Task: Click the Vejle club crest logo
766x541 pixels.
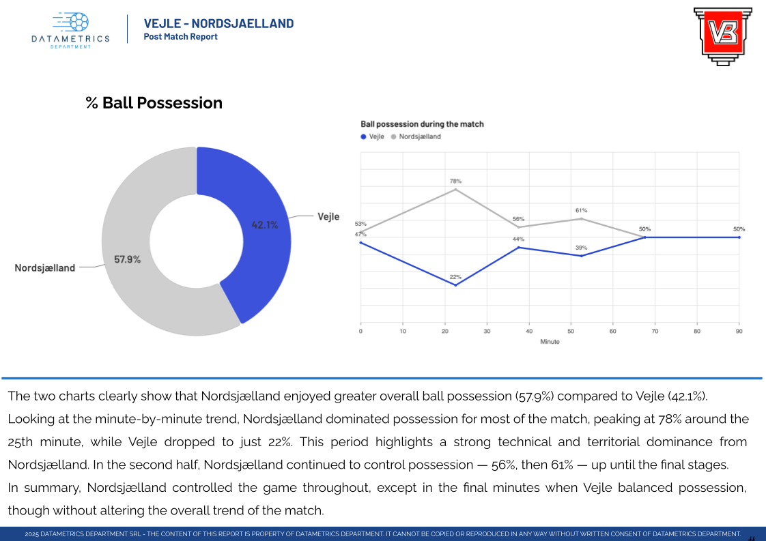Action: (722, 35)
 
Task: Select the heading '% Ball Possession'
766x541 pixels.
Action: (154, 103)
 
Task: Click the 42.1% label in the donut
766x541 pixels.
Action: (265, 224)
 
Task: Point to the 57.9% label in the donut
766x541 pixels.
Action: (127, 259)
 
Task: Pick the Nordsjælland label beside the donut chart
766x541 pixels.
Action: (45, 268)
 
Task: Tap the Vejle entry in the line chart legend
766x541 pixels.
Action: (373, 137)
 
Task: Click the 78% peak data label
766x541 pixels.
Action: (455, 181)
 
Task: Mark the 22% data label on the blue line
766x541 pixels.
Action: (455, 277)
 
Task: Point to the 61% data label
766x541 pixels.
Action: (581, 211)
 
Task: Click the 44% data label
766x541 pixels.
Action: (518, 239)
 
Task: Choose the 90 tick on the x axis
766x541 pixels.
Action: (739, 332)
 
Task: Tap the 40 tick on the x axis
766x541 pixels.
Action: (529, 332)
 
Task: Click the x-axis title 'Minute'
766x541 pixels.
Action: (550, 342)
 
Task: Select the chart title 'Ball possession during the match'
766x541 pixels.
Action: (422, 124)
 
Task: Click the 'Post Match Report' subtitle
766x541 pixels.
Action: (180, 37)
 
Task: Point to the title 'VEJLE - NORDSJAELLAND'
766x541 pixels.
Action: (218, 24)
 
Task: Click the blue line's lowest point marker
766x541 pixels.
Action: (455, 285)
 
